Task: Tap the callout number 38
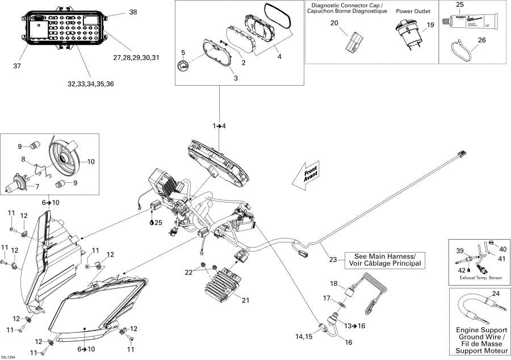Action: click(x=133, y=12)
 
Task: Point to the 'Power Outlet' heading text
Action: click(x=413, y=11)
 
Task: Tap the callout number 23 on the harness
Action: click(x=333, y=260)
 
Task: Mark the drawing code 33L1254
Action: click(x=9, y=356)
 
